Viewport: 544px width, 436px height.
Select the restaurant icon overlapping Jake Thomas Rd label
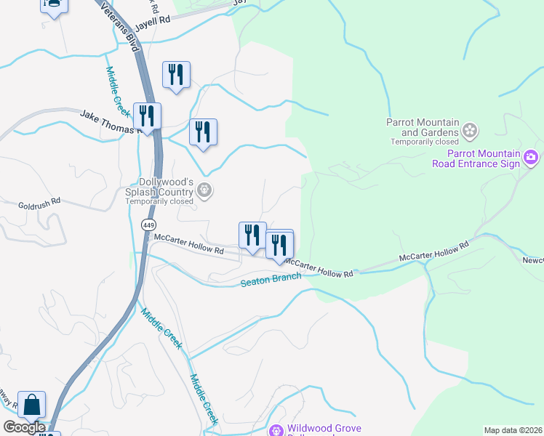148,116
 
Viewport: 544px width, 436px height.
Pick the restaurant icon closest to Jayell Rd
176,75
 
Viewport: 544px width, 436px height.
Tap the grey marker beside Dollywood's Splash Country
205,190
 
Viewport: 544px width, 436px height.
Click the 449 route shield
148,225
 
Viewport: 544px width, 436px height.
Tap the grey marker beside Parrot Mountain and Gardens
470,130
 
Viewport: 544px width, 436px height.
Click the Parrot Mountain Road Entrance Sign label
484,158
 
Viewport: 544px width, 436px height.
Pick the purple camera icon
532,157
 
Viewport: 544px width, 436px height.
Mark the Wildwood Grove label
324,429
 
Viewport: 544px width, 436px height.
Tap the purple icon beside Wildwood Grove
276,430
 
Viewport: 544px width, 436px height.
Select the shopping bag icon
32,405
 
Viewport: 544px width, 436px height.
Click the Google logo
24,427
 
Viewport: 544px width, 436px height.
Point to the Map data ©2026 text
513,430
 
